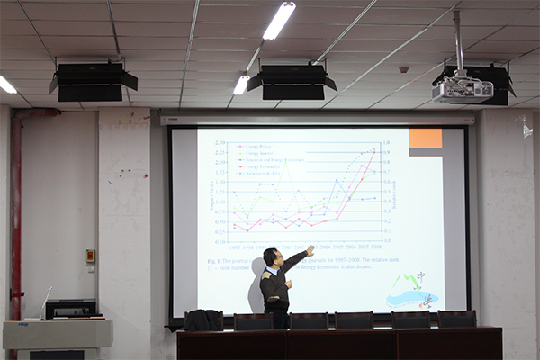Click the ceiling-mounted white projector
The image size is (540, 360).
click(463, 89)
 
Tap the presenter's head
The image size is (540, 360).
click(271, 257)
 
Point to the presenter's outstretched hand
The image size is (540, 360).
click(310, 250)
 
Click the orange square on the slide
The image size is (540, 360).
click(425, 138)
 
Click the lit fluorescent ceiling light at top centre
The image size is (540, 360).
click(279, 20)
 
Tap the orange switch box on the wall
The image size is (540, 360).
click(90, 256)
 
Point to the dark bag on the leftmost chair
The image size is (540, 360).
click(204, 319)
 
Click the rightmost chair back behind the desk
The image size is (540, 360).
click(456, 319)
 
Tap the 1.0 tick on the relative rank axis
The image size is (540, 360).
click(385, 142)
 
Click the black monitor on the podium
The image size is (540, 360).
click(71, 309)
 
